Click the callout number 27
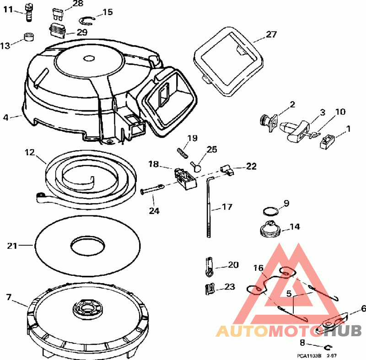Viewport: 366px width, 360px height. point(271,34)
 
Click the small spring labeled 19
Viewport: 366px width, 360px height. point(182,152)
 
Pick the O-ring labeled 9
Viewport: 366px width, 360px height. point(271,211)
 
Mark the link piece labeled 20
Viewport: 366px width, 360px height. point(209,266)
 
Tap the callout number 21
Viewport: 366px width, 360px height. point(12,246)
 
